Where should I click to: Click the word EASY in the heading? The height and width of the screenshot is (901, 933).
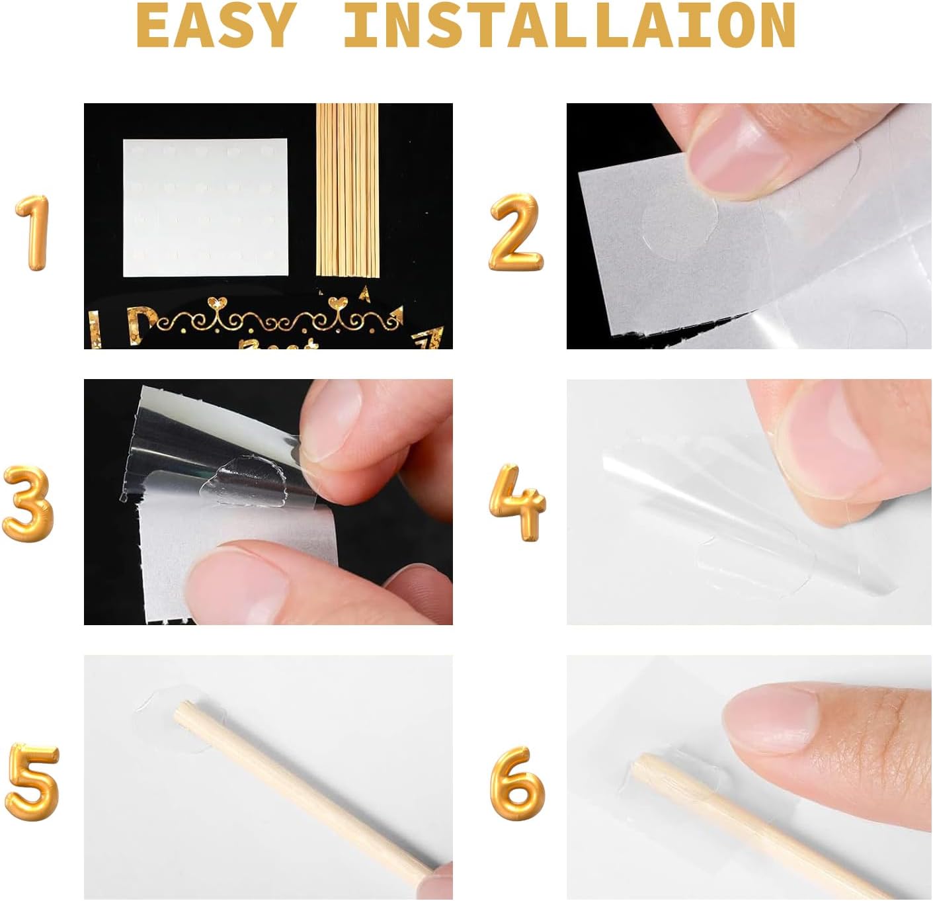point(216,25)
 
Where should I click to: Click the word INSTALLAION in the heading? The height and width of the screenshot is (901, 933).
point(570,25)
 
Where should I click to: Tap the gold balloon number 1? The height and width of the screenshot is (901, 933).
point(32,233)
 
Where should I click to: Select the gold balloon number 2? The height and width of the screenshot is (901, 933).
point(516,233)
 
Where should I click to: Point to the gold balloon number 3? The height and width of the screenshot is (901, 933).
point(28,504)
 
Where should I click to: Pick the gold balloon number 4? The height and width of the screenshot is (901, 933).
point(517,502)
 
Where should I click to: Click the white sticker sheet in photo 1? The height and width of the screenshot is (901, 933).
point(205,208)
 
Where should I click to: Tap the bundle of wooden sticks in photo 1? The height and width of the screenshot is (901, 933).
point(347,191)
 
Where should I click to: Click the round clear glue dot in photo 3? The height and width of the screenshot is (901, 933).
point(245,480)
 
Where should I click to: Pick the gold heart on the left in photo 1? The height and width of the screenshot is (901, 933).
point(217,303)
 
